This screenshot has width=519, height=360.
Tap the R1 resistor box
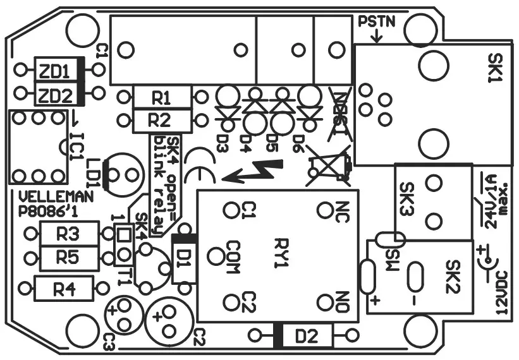click(x=162, y=98)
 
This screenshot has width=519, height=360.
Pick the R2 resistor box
click(x=162, y=119)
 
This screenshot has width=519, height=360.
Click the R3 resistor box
click(x=68, y=234)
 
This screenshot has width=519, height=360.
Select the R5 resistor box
click(x=68, y=257)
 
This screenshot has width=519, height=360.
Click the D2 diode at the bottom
click(x=305, y=335)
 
